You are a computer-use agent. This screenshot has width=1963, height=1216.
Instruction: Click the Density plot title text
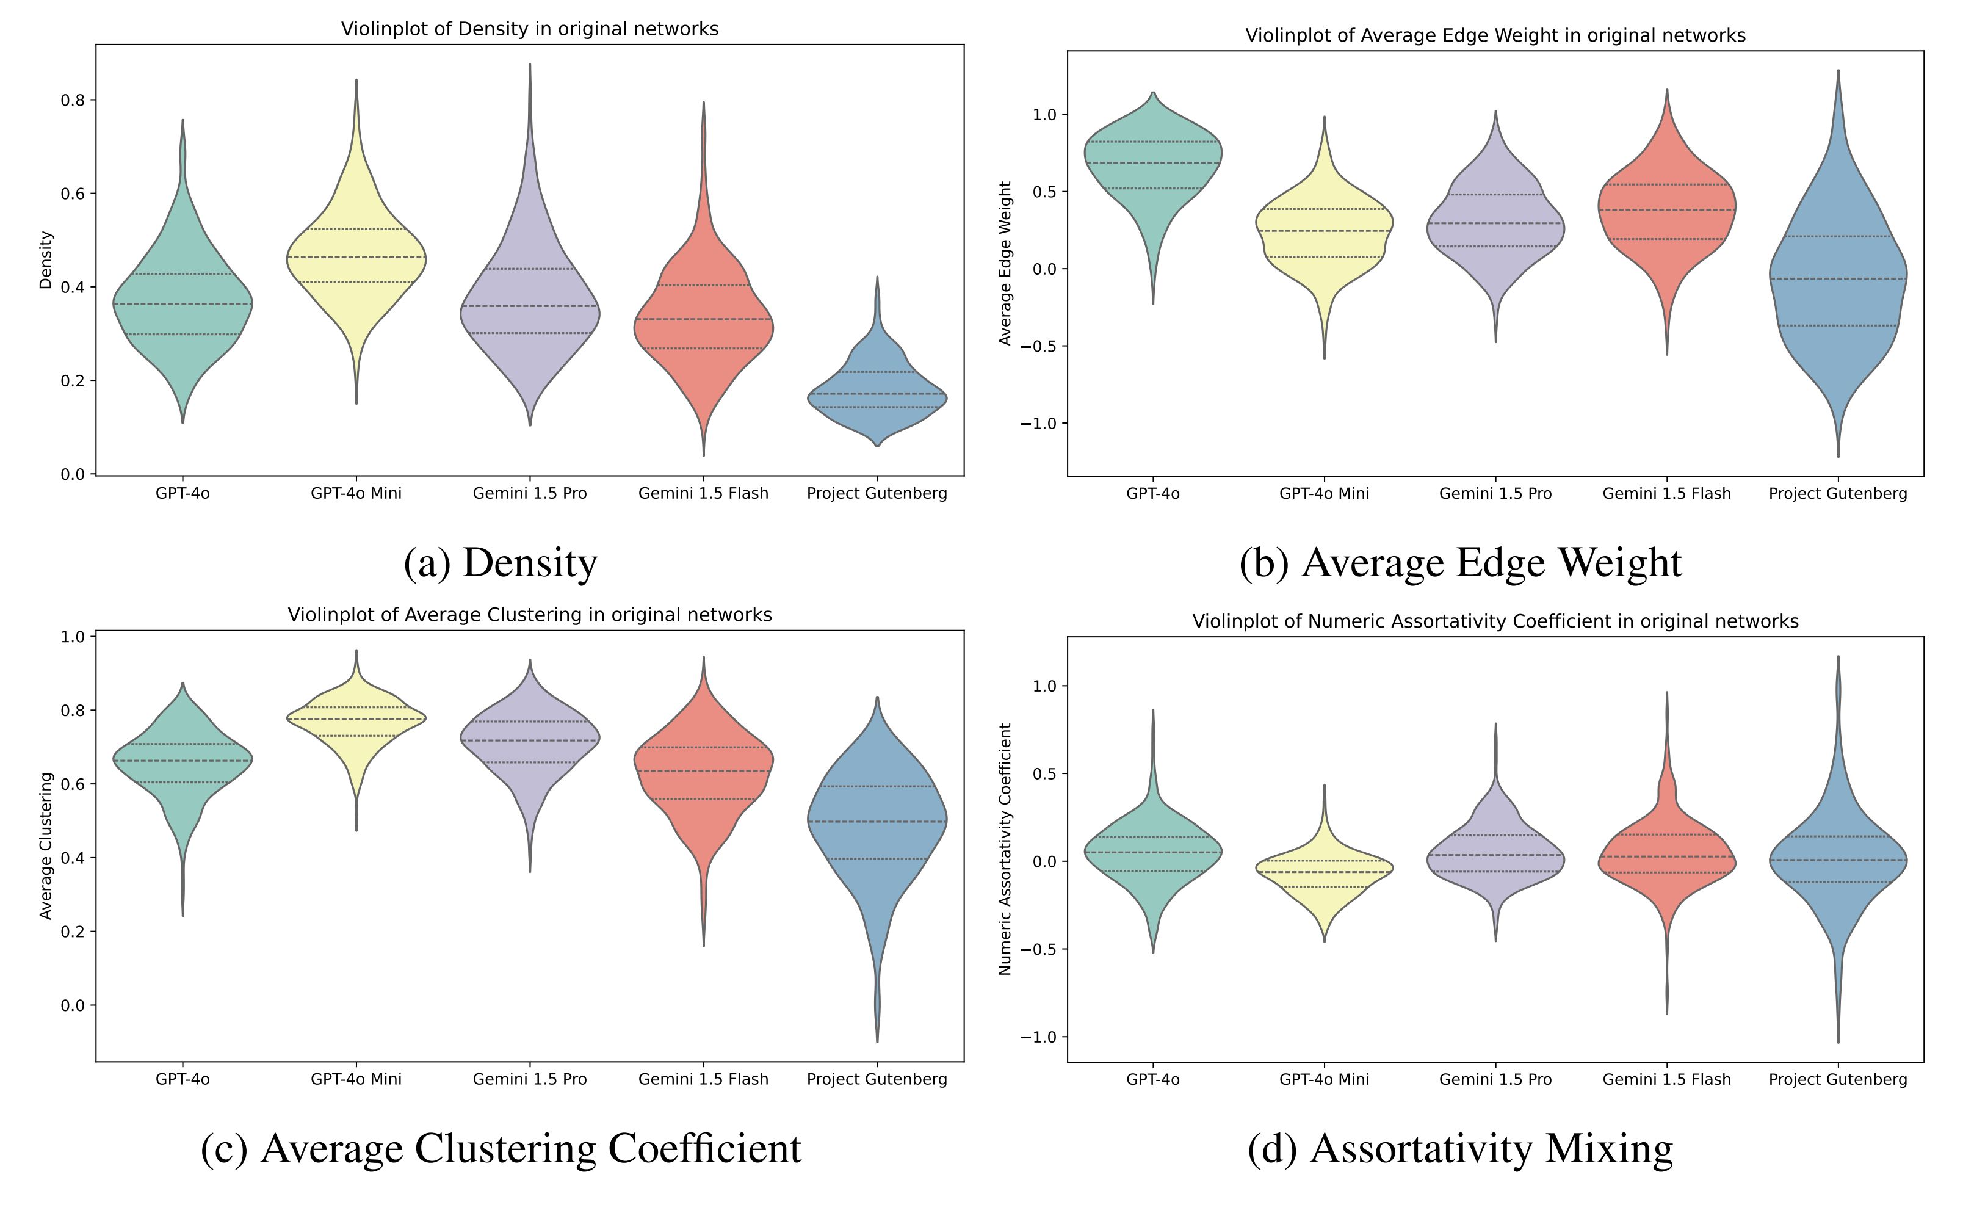coord(529,29)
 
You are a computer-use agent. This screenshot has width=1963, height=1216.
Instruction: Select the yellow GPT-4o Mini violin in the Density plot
coord(356,266)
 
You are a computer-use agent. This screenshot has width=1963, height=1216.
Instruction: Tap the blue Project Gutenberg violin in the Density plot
coord(877,394)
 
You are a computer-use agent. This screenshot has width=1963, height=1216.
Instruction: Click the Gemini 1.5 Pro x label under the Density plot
coord(529,493)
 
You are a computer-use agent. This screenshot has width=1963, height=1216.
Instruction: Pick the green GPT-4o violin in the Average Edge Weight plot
coord(1152,169)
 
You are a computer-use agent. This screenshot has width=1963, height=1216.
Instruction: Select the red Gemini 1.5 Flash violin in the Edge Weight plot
coord(1666,217)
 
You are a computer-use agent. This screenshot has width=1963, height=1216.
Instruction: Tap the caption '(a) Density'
coord(500,563)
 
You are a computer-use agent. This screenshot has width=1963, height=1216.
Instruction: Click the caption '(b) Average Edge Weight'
coord(1459,563)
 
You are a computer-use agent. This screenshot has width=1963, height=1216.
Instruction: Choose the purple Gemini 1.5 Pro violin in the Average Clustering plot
coord(529,740)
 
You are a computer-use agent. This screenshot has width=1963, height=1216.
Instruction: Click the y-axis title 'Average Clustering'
coord(46,845)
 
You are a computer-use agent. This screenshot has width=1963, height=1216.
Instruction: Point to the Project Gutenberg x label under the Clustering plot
coord(877,1079)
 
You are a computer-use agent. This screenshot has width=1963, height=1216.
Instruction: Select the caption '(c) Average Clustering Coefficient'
coord(500,1148)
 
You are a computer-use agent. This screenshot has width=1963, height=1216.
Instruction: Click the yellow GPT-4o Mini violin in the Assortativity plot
coord(1324,872)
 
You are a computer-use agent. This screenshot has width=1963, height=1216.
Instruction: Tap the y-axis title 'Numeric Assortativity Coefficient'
coord(1005,849)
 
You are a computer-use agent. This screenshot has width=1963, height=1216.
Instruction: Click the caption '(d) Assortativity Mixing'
coord(1459,1148)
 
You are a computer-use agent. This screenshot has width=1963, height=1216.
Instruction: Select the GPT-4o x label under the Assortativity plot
coord(1152,1079)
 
